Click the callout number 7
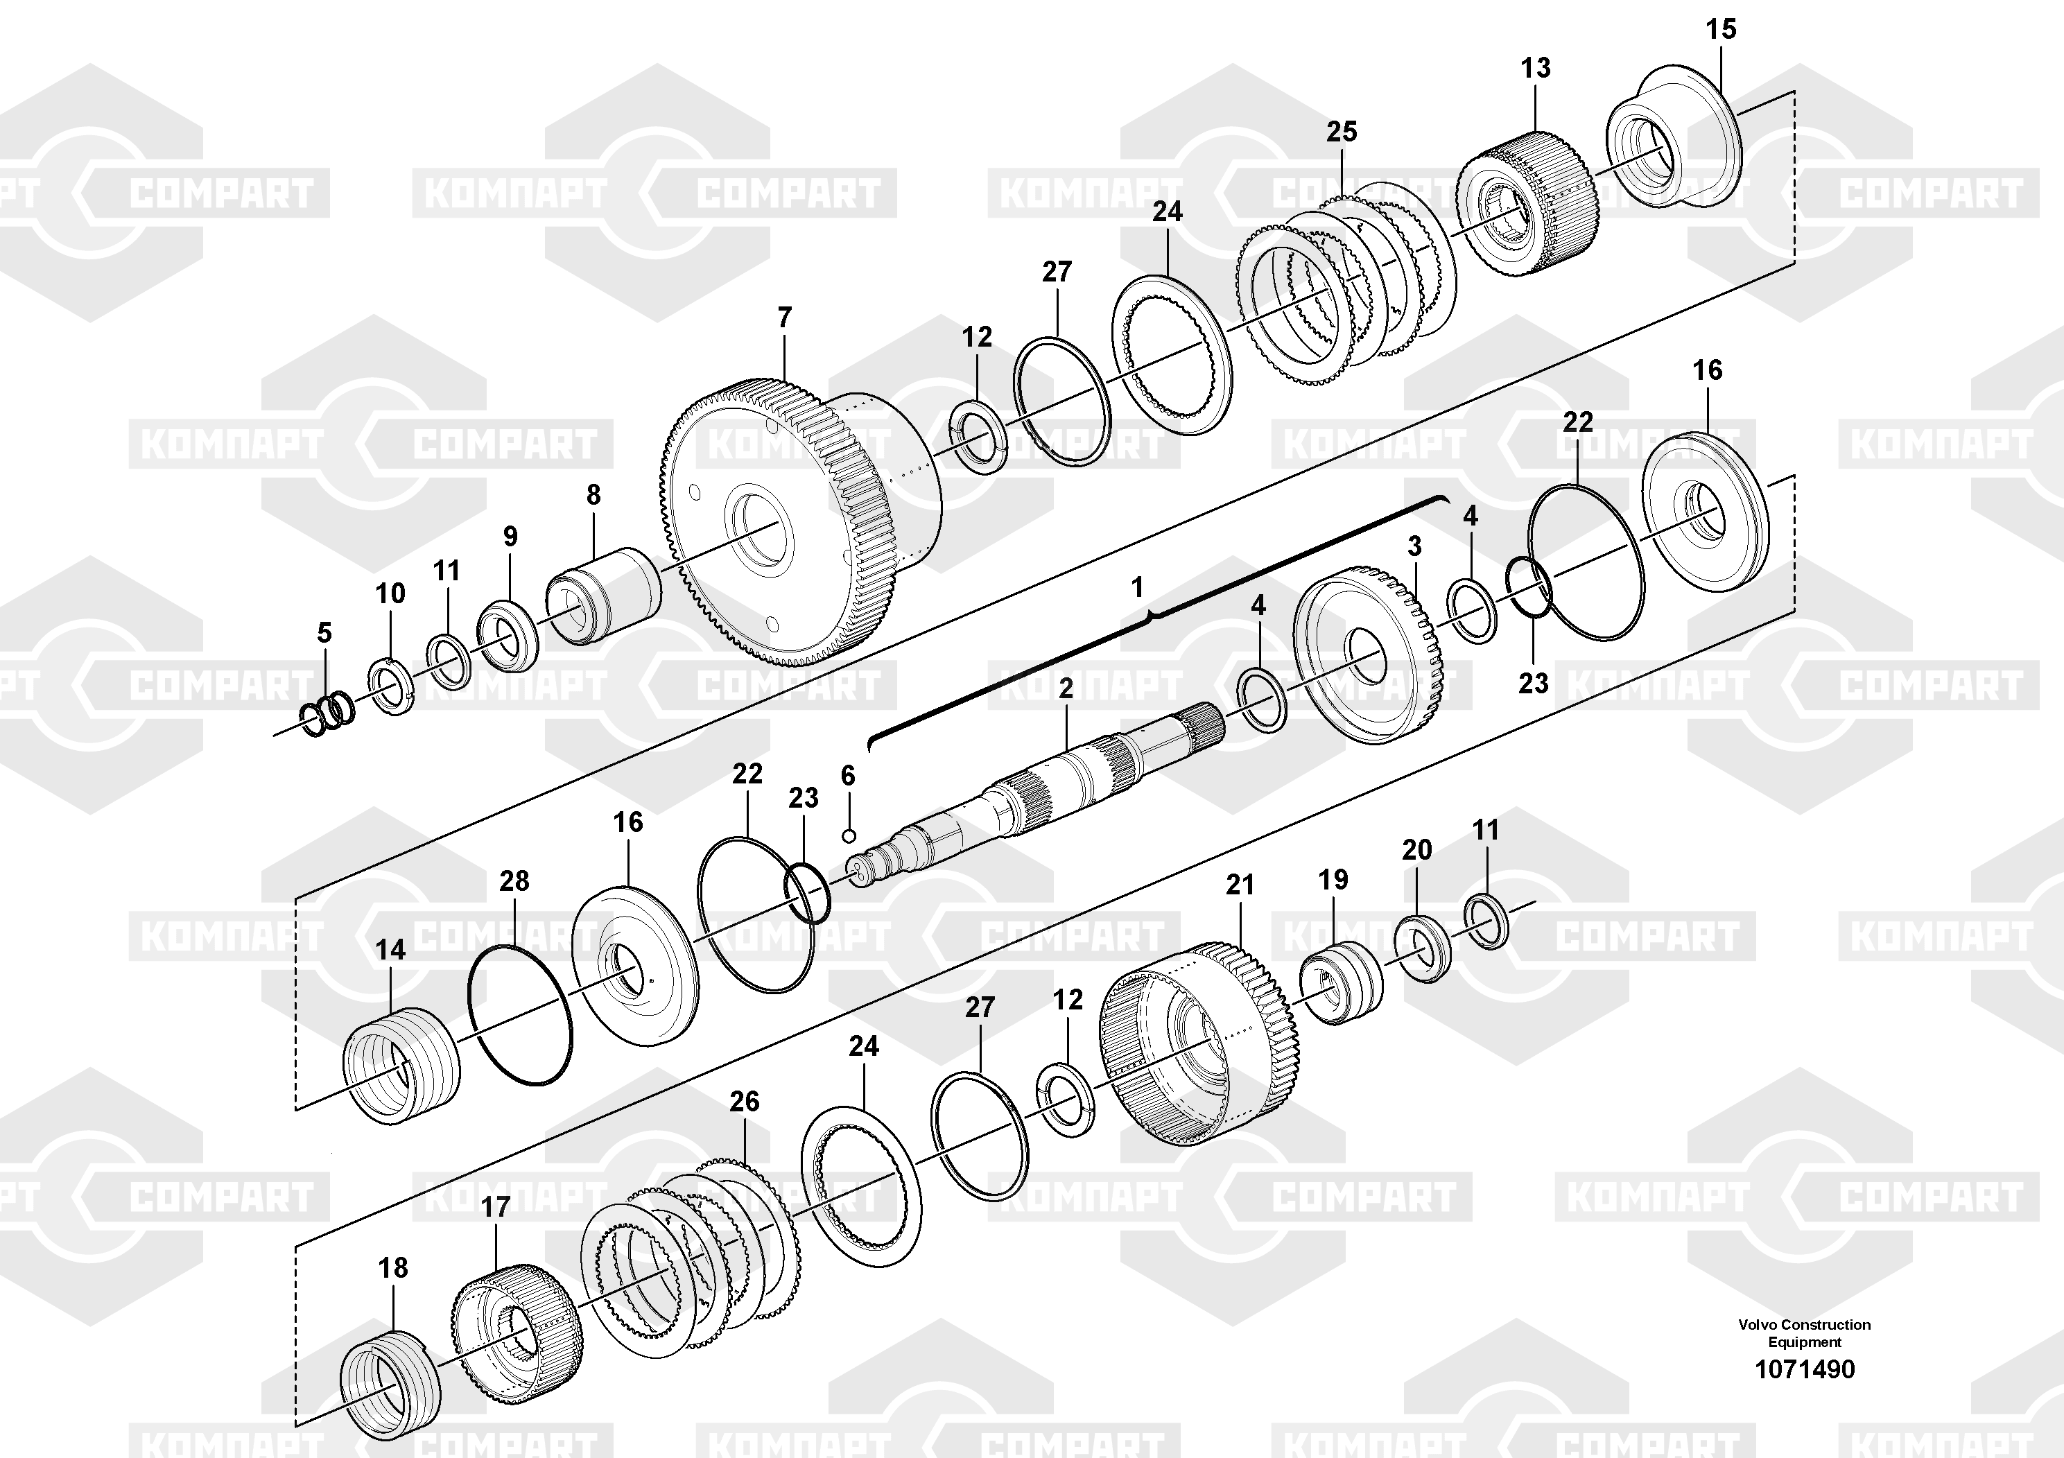point(785,318)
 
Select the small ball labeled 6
point(848,836)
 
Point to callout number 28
point(514,881)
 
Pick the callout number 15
point(1722,28)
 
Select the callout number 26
point(745,1101)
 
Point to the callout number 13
point(1536,67)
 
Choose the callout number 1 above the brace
point(1137,587)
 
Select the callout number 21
point(1240,885)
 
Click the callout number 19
point(1333,879)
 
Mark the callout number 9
point(510,537)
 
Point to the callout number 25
point(1342,131)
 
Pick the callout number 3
point(1414,546)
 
